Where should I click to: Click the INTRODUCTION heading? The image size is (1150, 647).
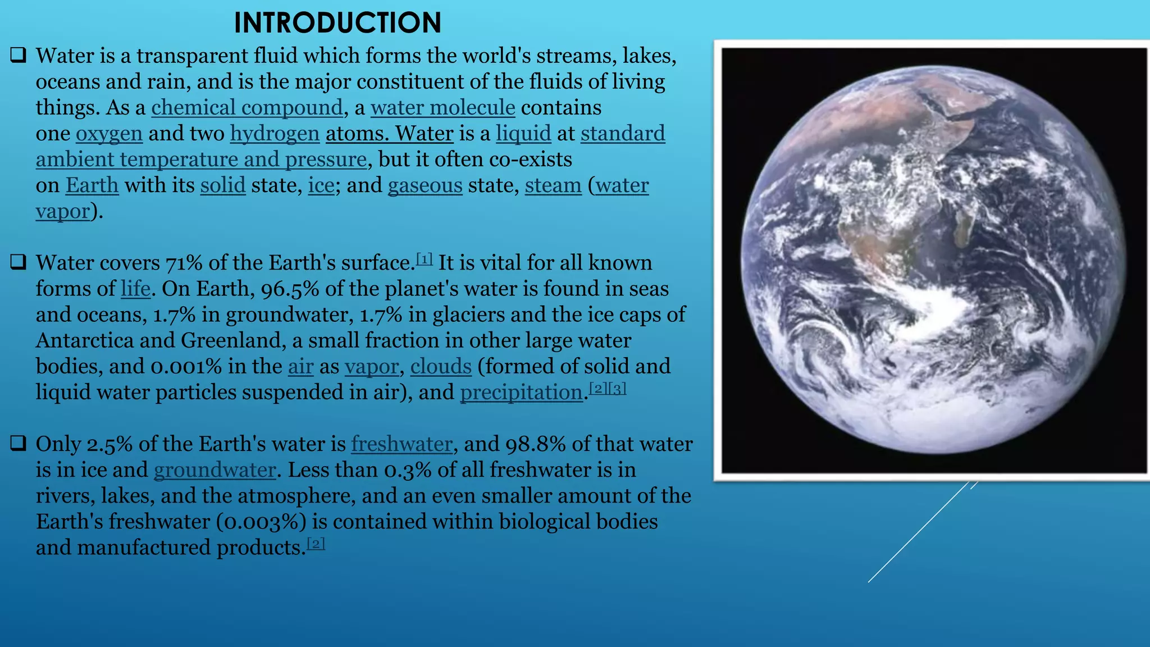337,24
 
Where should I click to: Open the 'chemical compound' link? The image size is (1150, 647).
247,107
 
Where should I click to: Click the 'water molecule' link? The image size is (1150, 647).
442,107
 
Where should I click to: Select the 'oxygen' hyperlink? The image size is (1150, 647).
109,134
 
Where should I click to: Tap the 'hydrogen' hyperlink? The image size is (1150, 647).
275,134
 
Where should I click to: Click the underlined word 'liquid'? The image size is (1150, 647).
523,134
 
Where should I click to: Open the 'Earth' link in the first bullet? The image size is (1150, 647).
92,185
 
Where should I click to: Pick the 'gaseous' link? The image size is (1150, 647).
425,185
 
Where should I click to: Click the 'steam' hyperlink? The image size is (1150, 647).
553,185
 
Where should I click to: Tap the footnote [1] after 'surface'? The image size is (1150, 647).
425,259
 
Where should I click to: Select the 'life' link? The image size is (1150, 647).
135,289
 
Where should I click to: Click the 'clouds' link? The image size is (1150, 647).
441,366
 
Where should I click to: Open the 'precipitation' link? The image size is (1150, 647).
521,392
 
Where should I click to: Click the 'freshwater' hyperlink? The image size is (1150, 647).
402,444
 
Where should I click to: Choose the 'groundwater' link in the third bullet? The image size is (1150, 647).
215,470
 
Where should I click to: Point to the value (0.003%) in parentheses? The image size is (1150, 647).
262,522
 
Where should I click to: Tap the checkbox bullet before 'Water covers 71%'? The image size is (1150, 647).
19,262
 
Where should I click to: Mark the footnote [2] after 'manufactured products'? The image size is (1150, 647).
316,544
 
